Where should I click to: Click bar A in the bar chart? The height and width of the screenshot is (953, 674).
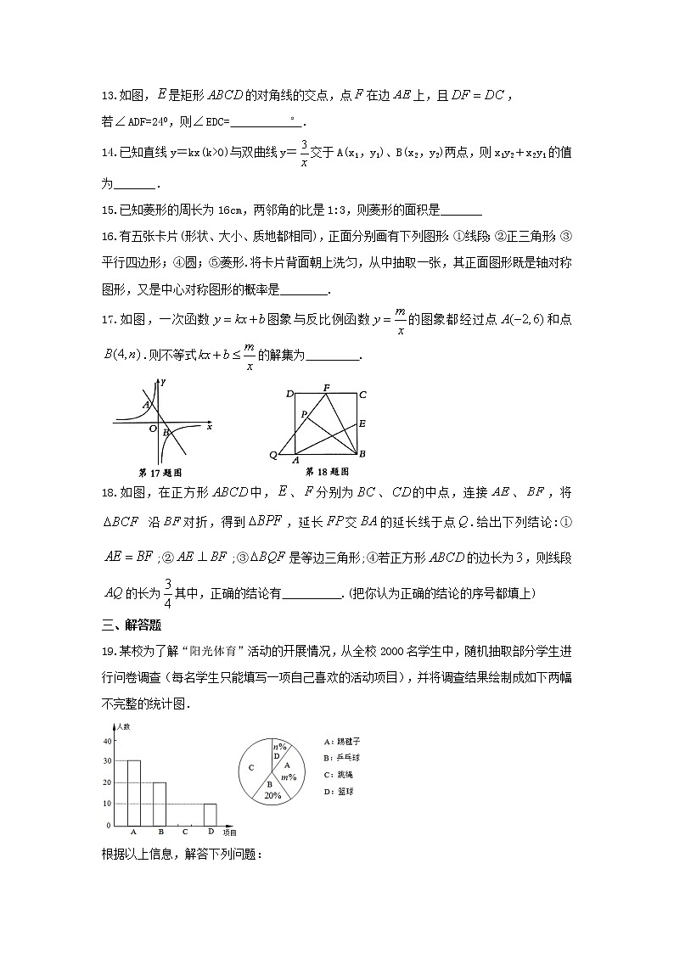point(133,793)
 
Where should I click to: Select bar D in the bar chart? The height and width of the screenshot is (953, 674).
point(210,814)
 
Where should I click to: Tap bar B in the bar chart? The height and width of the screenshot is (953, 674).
point(160,803)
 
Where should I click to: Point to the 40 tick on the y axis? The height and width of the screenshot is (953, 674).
point(107,741)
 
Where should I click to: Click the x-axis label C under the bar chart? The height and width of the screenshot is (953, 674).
point(184,832)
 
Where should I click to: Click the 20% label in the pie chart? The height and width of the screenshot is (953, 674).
point(272,796)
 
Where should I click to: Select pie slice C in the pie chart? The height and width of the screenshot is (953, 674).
point(252,768)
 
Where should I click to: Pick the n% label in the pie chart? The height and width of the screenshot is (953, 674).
point(278,746)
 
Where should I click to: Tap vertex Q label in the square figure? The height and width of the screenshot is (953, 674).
point(272,456)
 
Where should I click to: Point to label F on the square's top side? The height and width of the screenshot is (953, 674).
point(326,388)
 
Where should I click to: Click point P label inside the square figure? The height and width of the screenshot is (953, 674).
point(302,414)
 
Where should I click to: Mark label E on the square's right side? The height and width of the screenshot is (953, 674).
point(362,423)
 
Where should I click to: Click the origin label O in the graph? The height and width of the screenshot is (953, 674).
point(153,429)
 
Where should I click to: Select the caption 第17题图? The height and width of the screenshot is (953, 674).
point(160,472)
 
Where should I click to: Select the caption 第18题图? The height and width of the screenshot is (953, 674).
point(327,472)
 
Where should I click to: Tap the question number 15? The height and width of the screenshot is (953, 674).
point(108,211)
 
